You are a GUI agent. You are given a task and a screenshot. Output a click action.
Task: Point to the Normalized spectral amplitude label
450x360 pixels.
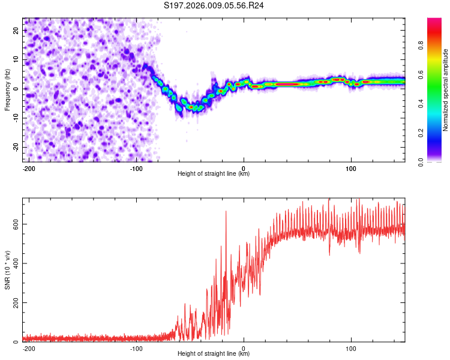click(446, 89)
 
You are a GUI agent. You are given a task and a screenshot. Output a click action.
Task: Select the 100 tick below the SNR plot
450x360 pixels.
click(351, 348)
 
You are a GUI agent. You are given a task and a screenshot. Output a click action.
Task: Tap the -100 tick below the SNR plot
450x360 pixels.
click(136, 348)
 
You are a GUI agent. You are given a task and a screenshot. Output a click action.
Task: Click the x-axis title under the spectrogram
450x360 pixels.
click(214, 174)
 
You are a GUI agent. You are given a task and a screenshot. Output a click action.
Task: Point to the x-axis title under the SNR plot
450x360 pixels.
click(214, 354)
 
